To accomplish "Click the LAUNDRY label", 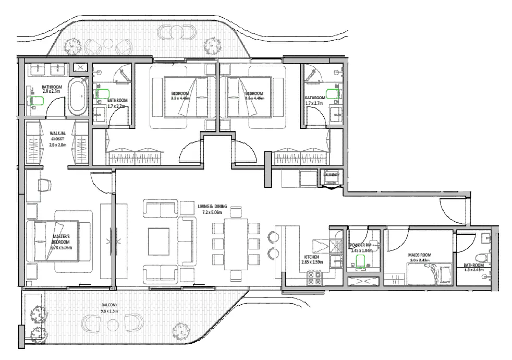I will (332, 174).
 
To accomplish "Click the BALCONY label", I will (110, 305).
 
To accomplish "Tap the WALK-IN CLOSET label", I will (57, 136).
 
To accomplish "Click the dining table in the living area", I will (235, 244).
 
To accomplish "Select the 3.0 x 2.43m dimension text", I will (420, 260).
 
